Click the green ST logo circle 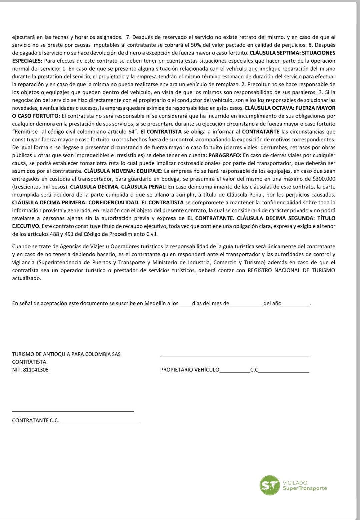(x=269, y=485)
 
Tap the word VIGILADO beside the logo (x=295, y=483)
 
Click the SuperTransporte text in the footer (x=304, y=488)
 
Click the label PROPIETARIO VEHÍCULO (x=190, y=370)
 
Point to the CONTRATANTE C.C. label (x=35, y=420)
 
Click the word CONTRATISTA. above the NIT (x=30, y=362)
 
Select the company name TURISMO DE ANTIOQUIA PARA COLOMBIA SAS (x=66, y=354)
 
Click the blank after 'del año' (x=296, y=304)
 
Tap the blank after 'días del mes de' (x=246, y=304)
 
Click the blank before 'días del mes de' (x=185, y=304)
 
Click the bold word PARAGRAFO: (x=225, y=155)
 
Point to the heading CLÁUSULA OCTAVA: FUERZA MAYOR (x=290, y=108)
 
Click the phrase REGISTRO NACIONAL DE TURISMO (x=291, y=270)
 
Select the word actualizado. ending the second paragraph (x=26, y=278)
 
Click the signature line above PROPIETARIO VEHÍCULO (x=235, y=357)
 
